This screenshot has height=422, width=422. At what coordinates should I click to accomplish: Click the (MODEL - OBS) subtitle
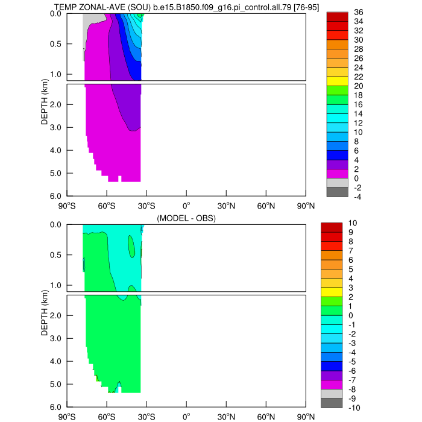coord(186,218)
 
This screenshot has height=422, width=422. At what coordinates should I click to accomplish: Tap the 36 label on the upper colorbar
coord(358,12)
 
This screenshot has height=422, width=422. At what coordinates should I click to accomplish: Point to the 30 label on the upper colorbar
coord(358,40)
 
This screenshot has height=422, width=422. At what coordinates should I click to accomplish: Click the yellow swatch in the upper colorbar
coord(337,81)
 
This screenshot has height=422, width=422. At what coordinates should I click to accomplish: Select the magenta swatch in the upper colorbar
coord(337,174)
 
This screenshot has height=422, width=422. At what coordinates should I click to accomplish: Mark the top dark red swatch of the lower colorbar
coord(337,228)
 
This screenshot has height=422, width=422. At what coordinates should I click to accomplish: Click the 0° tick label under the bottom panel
coord(186,416)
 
